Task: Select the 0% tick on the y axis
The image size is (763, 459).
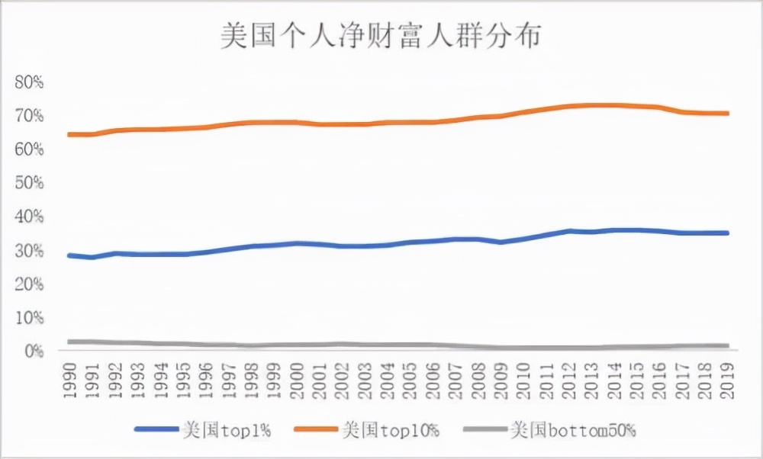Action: [34, 351]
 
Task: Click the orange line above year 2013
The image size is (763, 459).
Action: [591, 105]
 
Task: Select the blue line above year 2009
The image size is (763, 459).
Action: [501, 242]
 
